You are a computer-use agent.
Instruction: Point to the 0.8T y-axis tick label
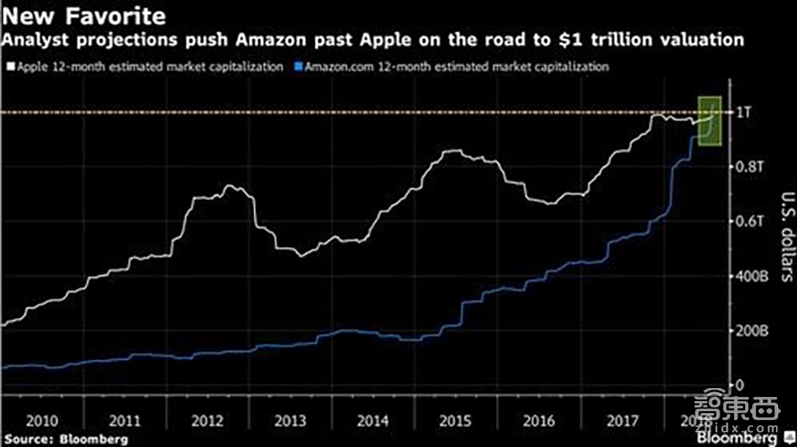point(746,166)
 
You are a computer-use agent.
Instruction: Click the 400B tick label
point(748,275)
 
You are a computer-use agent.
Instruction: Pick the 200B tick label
point(748,330)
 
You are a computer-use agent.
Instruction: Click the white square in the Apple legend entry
point(8,66)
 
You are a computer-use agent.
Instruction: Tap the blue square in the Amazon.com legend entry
point(297,66)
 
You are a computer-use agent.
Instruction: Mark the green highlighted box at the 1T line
point(708,120)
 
